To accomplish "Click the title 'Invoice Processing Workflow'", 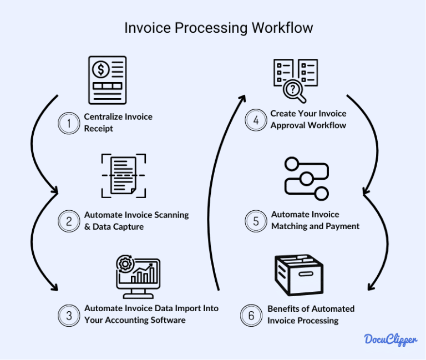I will pyautogui.click(x=219, y=28).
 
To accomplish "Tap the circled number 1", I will pyautogui.click(x=69, y=123).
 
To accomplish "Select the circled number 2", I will pyautogui.click(x=69, y=221).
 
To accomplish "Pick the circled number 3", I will pyautogui.click(x=69, y=315).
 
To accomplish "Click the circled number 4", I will pyautogui.click(x=256, y=120).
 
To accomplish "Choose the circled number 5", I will pyautogui.click(x=256, y=221).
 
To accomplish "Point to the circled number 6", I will pyautogui.click(x=251, y=315).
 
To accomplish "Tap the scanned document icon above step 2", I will pyautogui.click(x=123, y=175).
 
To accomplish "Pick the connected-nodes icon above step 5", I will pyautogui.click(x=306, y=178).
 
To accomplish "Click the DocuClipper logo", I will pyautogui.click(x=391, y=339).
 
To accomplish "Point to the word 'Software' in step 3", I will pyautogui.click(x=165, y=320).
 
